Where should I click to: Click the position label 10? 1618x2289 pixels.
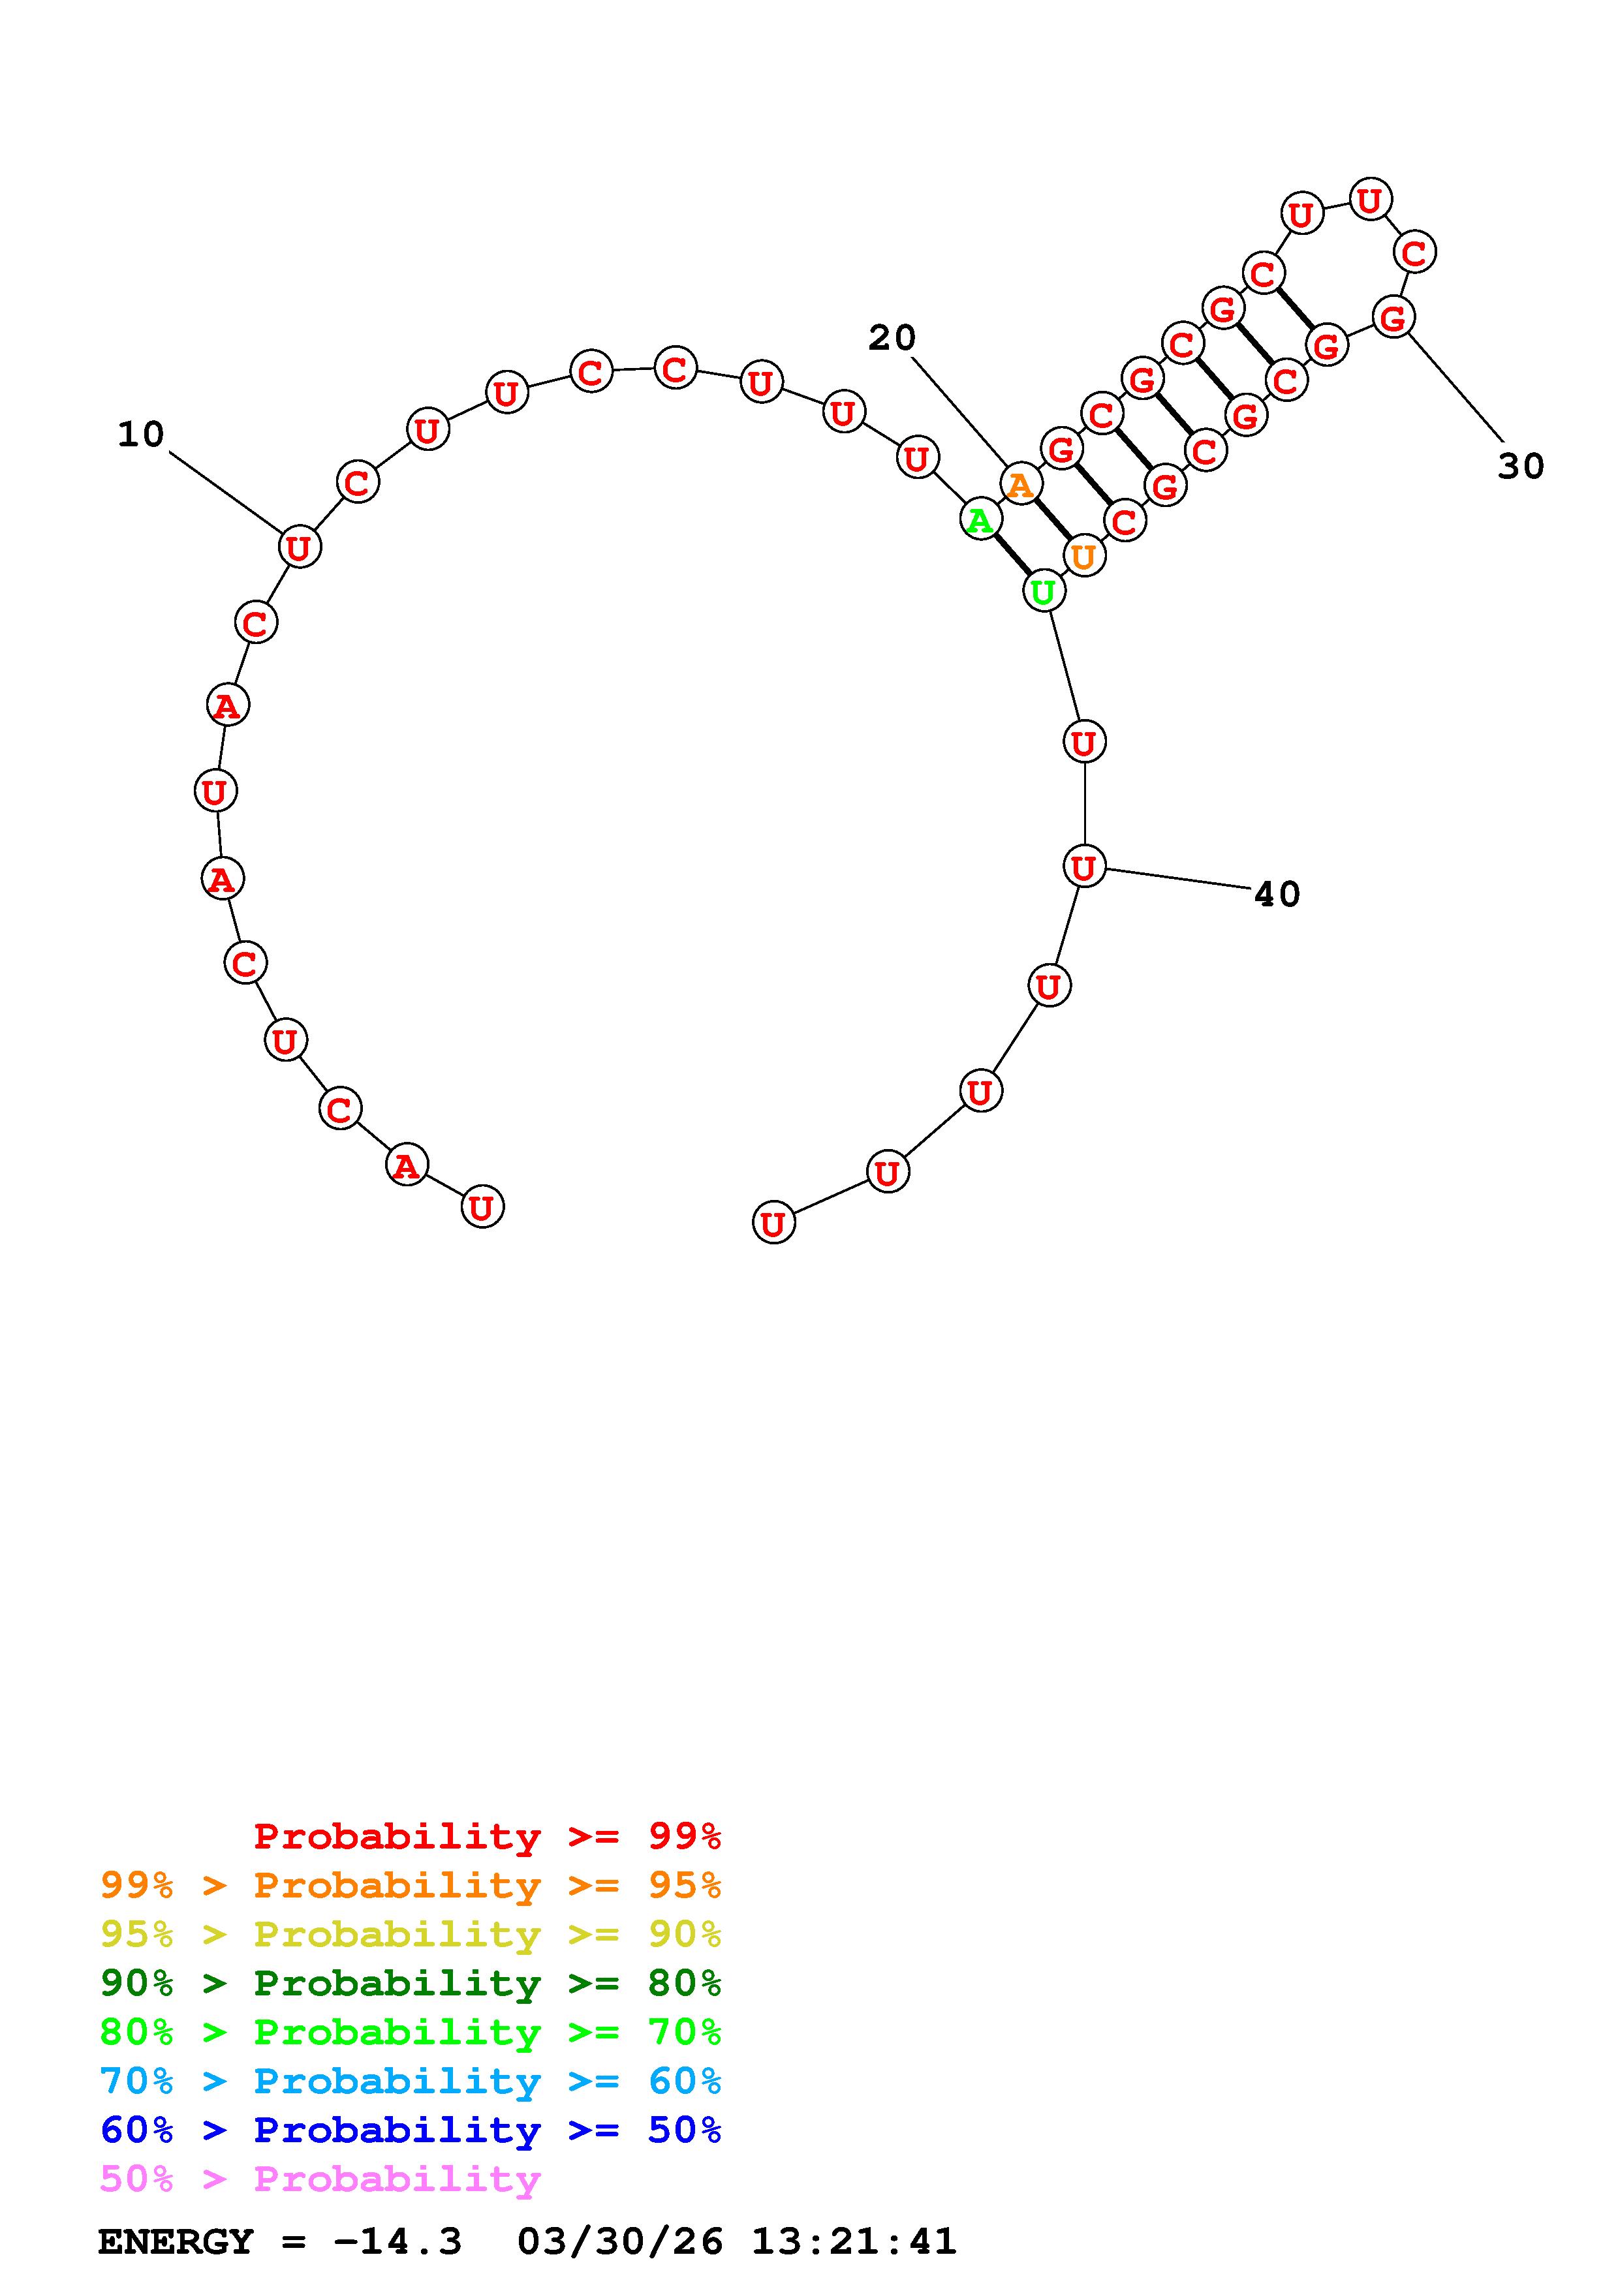coord(140,435)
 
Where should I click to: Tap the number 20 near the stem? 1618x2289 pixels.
coord(892,338)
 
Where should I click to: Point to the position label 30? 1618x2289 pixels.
coord(1520,467)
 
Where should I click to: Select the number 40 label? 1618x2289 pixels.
coord(1277,895)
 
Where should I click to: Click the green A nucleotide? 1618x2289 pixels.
coord(981,519)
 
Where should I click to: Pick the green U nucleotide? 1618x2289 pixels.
coord(1044,591)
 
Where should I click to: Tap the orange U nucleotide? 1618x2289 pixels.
coord(1083,555)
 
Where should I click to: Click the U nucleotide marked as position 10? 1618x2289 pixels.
coord(299,546)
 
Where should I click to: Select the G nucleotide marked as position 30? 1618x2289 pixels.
coord(1393,317)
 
